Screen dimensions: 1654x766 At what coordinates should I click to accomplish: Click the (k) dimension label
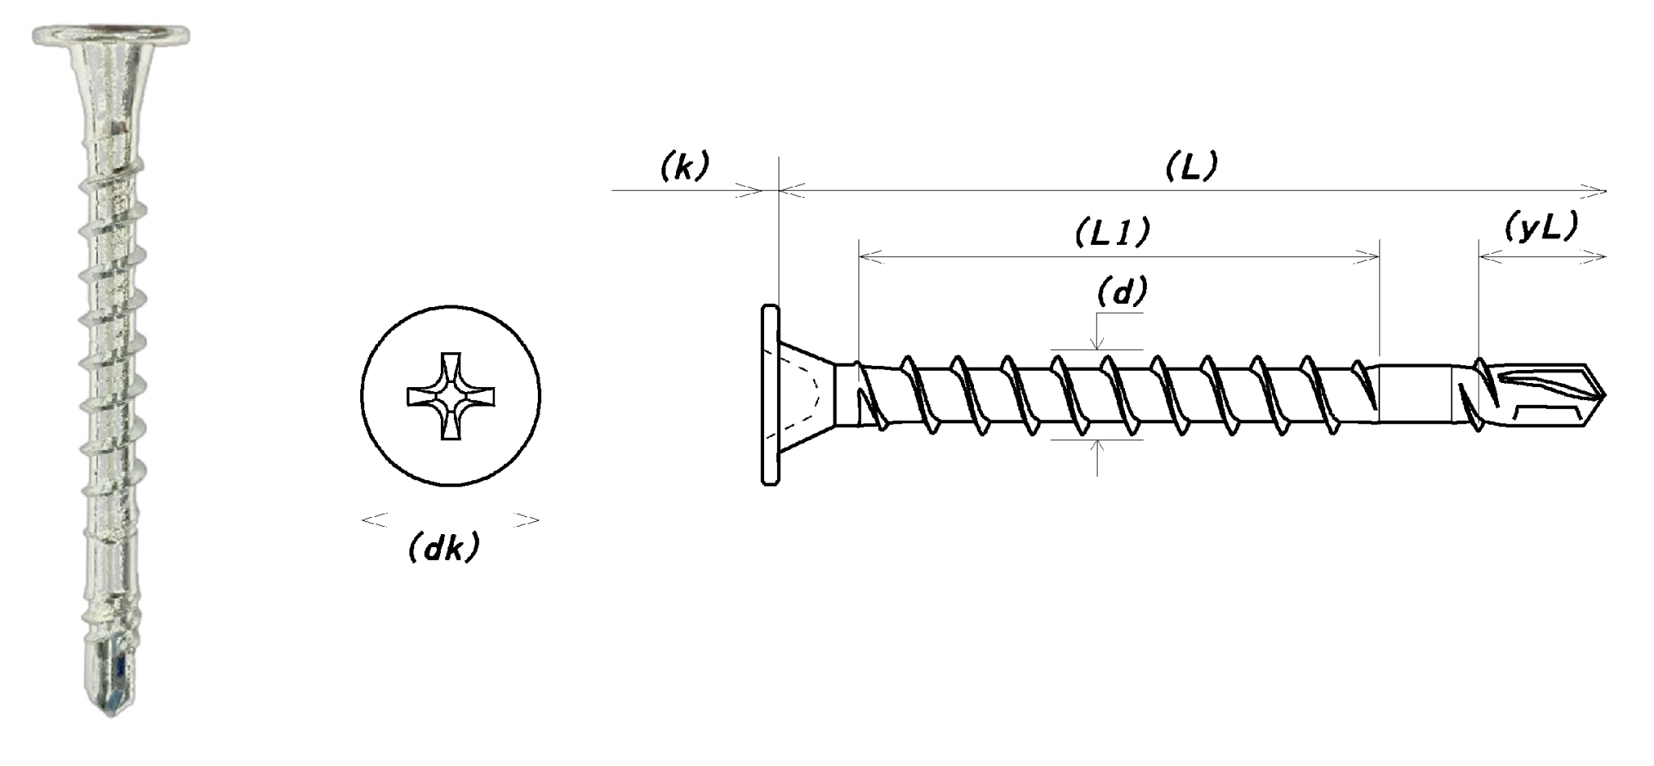click(684, 166)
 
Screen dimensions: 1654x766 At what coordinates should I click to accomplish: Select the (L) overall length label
click(1191, 166)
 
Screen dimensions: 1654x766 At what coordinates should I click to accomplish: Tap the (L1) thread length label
click(1112, 233)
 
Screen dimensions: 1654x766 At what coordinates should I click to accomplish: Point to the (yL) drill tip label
click(1541, 228)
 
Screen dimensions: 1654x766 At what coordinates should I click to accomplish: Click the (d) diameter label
click(1122, 293)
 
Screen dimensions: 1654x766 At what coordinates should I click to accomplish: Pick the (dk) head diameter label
click(443, 549)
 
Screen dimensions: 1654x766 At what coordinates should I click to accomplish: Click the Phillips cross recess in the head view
click(451, 396)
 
